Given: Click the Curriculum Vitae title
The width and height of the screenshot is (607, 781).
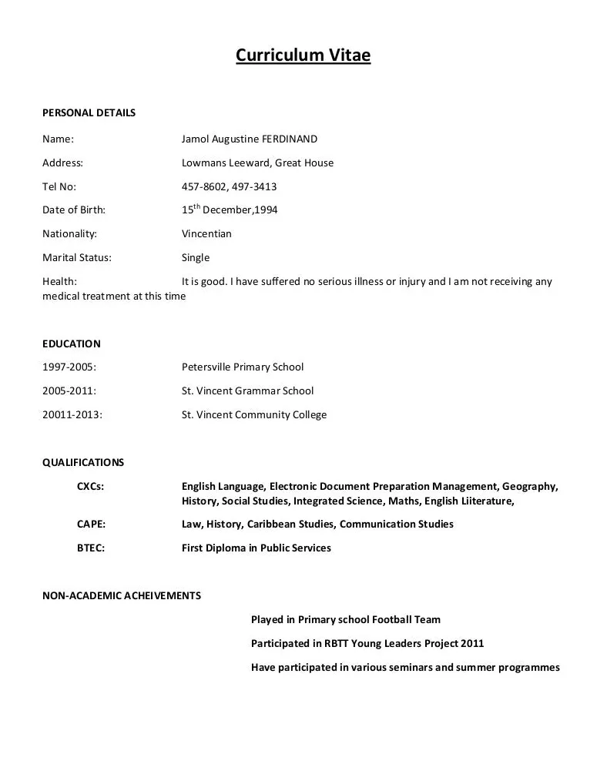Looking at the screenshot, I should tap(303, 55).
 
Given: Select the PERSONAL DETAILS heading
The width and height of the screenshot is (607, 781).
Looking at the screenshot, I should tap(89, 112).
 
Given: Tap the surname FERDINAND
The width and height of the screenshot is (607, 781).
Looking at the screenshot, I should tap(290, 139).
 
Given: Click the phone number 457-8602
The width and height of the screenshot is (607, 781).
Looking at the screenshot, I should tap(203, 186).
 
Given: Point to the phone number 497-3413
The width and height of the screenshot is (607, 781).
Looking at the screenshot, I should tap(255, 186).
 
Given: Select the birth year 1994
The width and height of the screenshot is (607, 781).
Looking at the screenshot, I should tap(266, 210).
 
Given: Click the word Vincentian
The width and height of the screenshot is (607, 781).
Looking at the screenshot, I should tap(206, 233).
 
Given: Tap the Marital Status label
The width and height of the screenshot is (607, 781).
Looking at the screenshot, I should tap(76, 257).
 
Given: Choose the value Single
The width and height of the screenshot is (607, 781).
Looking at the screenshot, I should tap(196, 257).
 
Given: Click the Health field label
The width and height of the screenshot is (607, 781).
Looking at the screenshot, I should tap(59, 281).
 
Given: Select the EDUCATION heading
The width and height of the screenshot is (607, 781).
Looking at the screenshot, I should tap(71, 344).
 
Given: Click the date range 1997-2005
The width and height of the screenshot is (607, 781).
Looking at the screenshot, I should tap(69, 367).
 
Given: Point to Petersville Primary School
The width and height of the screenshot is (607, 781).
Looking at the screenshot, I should tap(243, 367).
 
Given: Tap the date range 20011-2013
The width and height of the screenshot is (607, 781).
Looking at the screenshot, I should tap(72, 414).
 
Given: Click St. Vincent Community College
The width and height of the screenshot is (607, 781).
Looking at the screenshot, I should tap(254, 414).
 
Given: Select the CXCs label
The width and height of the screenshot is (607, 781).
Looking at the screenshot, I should tap(90, 487).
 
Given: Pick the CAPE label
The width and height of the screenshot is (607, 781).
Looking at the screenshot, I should tap(91, 525).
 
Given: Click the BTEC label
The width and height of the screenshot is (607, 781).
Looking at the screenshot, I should tap(91, 548).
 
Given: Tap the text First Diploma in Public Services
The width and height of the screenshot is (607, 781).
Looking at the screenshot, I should tap(256, 548).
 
